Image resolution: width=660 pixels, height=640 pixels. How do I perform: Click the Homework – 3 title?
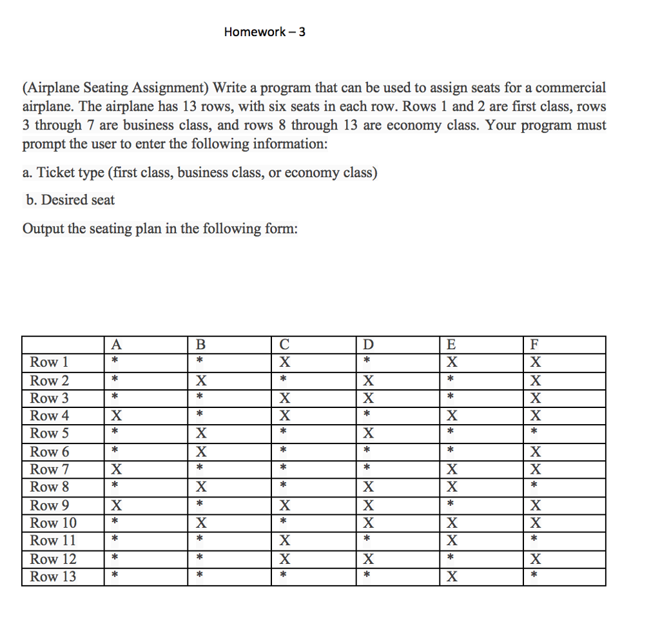coord(265,32)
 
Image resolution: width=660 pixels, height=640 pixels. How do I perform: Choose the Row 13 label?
coord(53,576)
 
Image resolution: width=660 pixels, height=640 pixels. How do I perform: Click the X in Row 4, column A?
coord(116,416)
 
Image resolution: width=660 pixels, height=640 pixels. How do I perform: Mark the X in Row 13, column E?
coord(452,577)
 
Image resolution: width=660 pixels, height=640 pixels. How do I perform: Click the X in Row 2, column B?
coord(200,380)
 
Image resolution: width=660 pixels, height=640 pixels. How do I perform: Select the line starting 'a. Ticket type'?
coord(200,173)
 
